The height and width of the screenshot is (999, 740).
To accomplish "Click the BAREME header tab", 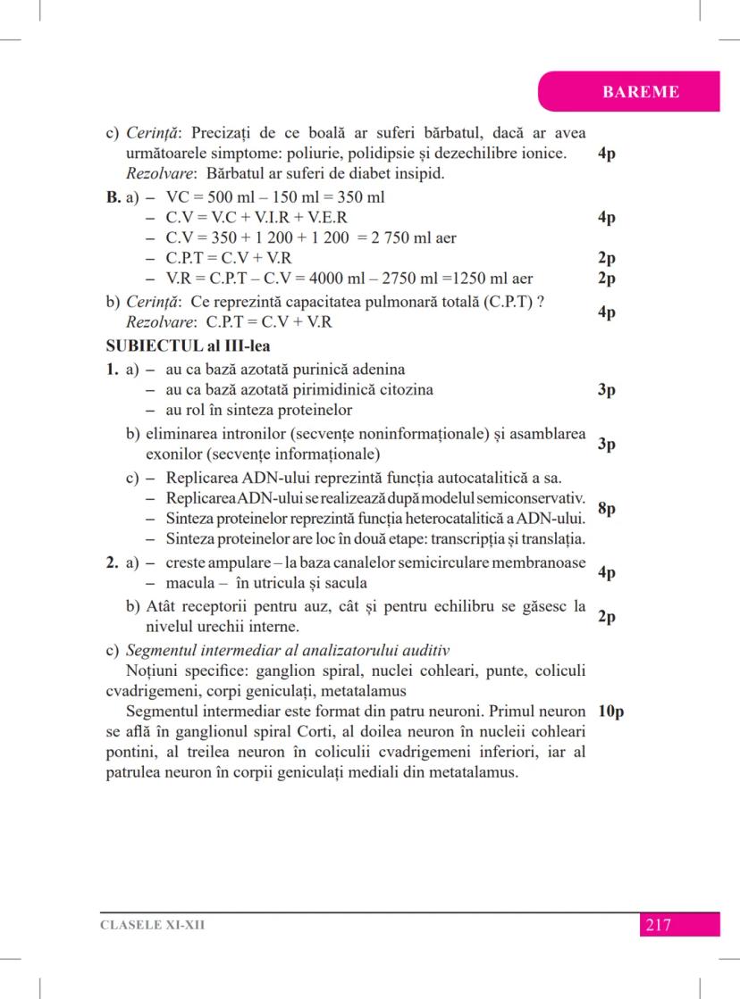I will (640, 91).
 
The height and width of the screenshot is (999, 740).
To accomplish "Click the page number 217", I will (657, 925).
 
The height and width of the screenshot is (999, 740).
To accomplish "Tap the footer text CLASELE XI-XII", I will (152, 925).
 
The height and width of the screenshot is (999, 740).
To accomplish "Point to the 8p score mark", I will (606, 509).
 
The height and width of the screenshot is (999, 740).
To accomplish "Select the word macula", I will (189, 584).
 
